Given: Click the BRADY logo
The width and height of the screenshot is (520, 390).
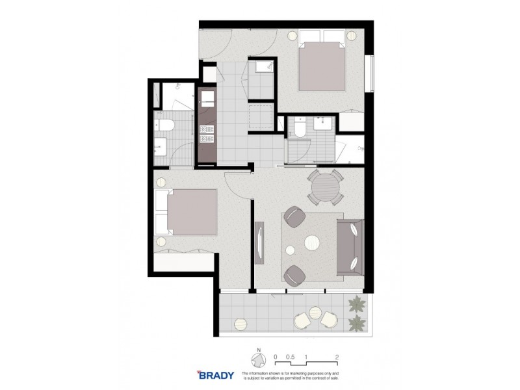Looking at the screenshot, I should pyautogui.click(x=214, y=375).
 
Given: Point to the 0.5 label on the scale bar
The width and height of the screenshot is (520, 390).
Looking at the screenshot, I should pyautogui.click(x=291, y=356).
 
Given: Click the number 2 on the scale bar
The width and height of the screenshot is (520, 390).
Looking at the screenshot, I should pyautogui.click(x=337, y=356).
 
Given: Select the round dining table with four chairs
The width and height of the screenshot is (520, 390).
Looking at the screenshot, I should pyautogui.click(x=324, y=188).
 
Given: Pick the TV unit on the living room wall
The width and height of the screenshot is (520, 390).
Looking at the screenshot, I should pyautogui.click(x=260, y=244).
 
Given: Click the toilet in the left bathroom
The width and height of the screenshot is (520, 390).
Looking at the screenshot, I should pyautogui.click(x=162, y=125).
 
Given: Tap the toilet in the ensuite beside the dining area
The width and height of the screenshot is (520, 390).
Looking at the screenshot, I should pyautogui.click(x=300, y=127).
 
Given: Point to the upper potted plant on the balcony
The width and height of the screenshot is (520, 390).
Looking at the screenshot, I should pyautogui.click(x=356, y=304).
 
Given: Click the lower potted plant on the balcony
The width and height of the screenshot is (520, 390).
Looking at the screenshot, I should pyautogui.click(x=356, y=323).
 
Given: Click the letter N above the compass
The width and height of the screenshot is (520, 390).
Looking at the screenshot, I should pyautogui.click(x=258, y=350).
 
